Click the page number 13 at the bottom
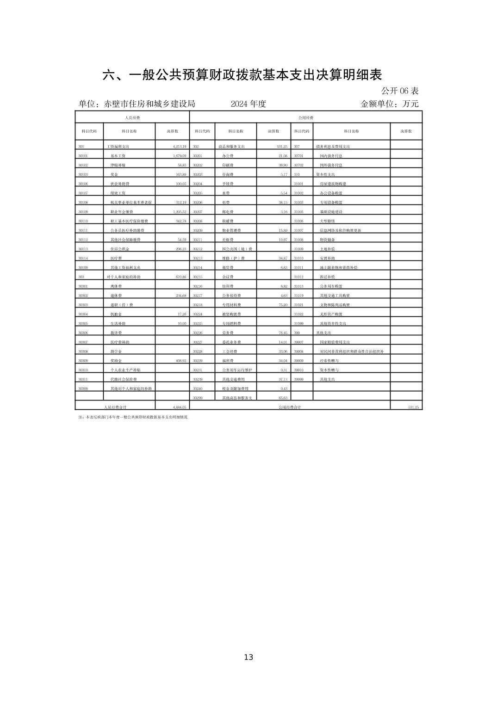point(248,657)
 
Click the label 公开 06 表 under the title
point(400,91)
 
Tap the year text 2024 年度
point(248,104)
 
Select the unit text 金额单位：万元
point(389,104)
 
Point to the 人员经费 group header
point(132,118)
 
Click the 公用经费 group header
point(306,118)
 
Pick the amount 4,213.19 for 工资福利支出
point(176,147)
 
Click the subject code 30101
point(83,156)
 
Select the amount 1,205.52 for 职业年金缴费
point(176,212)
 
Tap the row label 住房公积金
point(118,249)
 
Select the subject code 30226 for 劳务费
point(198,333)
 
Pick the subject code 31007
point(299,230)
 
